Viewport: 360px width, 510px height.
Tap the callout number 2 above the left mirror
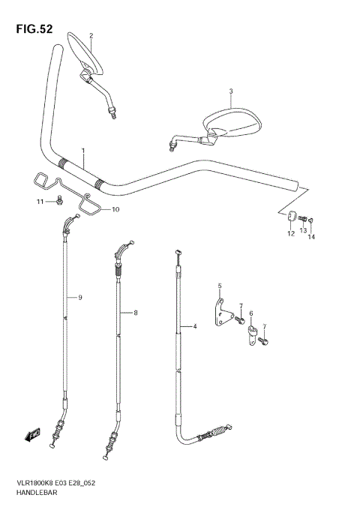(91, 35)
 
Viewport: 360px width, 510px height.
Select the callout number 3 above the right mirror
(231, 91)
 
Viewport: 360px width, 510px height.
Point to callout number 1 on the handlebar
(84, 151)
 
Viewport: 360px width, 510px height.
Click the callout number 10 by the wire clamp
(115, 209)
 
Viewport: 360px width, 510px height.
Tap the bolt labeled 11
(58, 201)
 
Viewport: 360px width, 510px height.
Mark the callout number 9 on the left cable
(80, 298)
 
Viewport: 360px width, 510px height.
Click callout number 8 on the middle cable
(135, 313)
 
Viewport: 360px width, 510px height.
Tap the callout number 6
(251, 313)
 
